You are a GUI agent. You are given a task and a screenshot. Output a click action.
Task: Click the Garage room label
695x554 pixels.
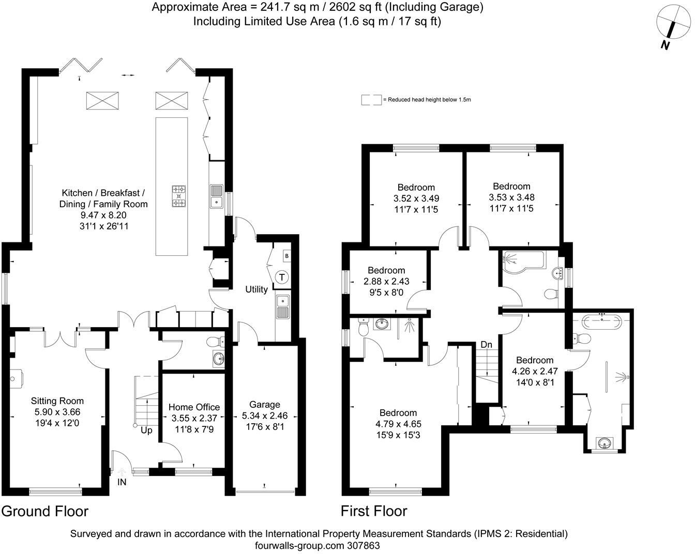point(264,405)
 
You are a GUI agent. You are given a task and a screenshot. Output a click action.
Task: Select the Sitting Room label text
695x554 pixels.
point(57,401)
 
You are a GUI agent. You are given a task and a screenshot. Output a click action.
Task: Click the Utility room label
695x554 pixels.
point(256,289)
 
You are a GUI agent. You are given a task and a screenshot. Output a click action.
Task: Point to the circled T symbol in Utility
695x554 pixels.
point(282,277)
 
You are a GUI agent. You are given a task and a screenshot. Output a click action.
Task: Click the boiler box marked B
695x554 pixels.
point(286,256)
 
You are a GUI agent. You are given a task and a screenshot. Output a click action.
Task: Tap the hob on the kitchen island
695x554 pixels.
point(179,196)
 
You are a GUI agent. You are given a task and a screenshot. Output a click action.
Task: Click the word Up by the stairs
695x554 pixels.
point(146,430)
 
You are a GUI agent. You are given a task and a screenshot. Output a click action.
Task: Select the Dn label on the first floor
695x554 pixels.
point(486,344)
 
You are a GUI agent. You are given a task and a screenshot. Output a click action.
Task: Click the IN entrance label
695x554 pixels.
point(122,483)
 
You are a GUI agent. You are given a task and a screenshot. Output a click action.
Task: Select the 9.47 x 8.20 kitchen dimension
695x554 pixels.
point(103,215)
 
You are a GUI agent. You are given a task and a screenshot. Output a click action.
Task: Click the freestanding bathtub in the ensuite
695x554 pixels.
point(602,322)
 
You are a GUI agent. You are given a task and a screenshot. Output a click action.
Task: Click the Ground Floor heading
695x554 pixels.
point(45,511)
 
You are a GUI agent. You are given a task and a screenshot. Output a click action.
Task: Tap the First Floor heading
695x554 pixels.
point(374,511)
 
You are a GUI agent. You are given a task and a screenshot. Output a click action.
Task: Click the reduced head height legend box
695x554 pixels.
point(371,100)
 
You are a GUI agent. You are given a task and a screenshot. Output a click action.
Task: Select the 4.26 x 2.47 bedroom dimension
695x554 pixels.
point(534,372)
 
